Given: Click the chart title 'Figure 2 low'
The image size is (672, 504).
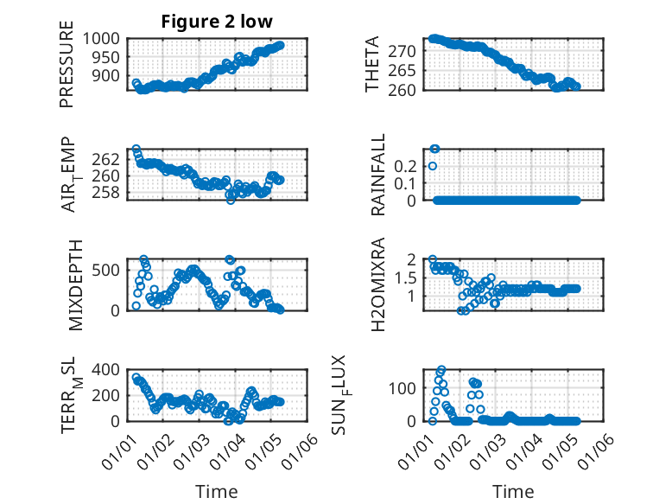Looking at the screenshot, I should point(217,22).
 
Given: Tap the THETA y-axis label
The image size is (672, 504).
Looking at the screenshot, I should point(372,65).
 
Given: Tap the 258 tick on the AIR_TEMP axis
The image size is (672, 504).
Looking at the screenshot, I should point(112,192).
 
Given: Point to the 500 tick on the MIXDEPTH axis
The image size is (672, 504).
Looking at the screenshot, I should point(112,270).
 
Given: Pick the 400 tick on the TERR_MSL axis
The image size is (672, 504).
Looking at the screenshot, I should point(112,370).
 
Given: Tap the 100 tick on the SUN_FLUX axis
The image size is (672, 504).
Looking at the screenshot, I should point(406,387).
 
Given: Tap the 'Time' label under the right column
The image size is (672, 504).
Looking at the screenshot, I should point(513,491).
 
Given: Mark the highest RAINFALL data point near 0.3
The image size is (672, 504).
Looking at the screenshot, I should point(434,149).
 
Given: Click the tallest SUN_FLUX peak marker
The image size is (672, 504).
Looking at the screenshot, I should point(441,370).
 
